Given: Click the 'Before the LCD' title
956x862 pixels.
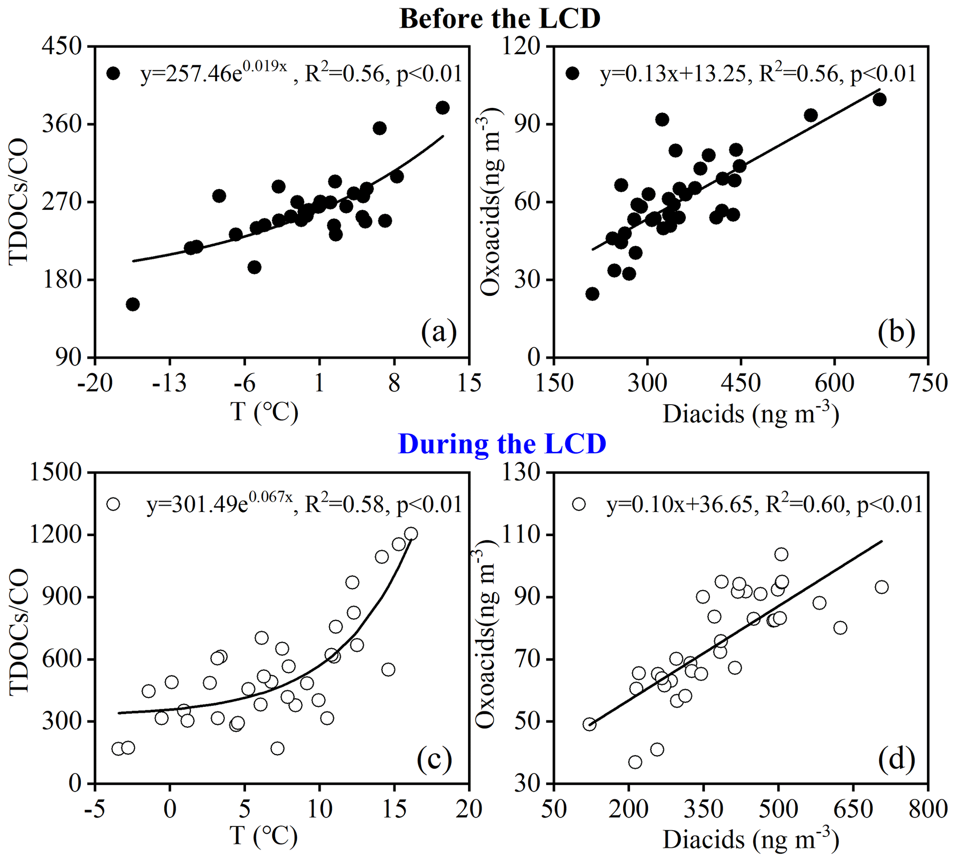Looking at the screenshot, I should coord(500,19).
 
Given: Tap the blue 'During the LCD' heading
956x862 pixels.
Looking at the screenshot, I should coord(502,444).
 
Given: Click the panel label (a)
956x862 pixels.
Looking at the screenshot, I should coord(439,332).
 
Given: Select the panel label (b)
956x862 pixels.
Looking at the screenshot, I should coord(896,332).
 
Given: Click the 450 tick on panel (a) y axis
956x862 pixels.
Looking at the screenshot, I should coord(62,47).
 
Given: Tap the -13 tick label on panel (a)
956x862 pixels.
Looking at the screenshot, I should coord(169,382).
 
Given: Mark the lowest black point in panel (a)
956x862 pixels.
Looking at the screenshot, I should coord(133,304).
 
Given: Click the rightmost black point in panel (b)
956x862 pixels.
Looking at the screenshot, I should coord(879,100).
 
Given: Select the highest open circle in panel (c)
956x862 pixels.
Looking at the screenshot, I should coord(411,534).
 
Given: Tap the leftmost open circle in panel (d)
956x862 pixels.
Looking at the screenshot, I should coord(589,724).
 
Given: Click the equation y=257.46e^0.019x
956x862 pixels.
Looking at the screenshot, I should coord(214,74).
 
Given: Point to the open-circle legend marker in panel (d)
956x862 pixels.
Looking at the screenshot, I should coord(579,504).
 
